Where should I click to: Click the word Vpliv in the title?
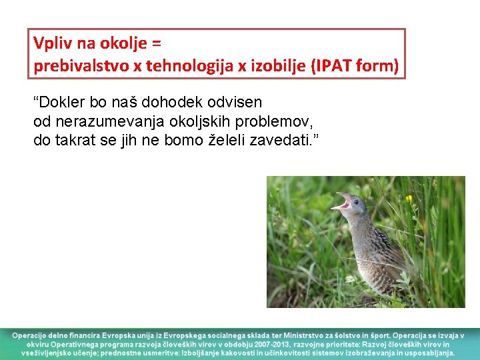pos(47,44)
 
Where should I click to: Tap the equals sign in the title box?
pos(157,44)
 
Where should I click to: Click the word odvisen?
pos(231,103)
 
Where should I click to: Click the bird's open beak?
pos(343,201)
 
